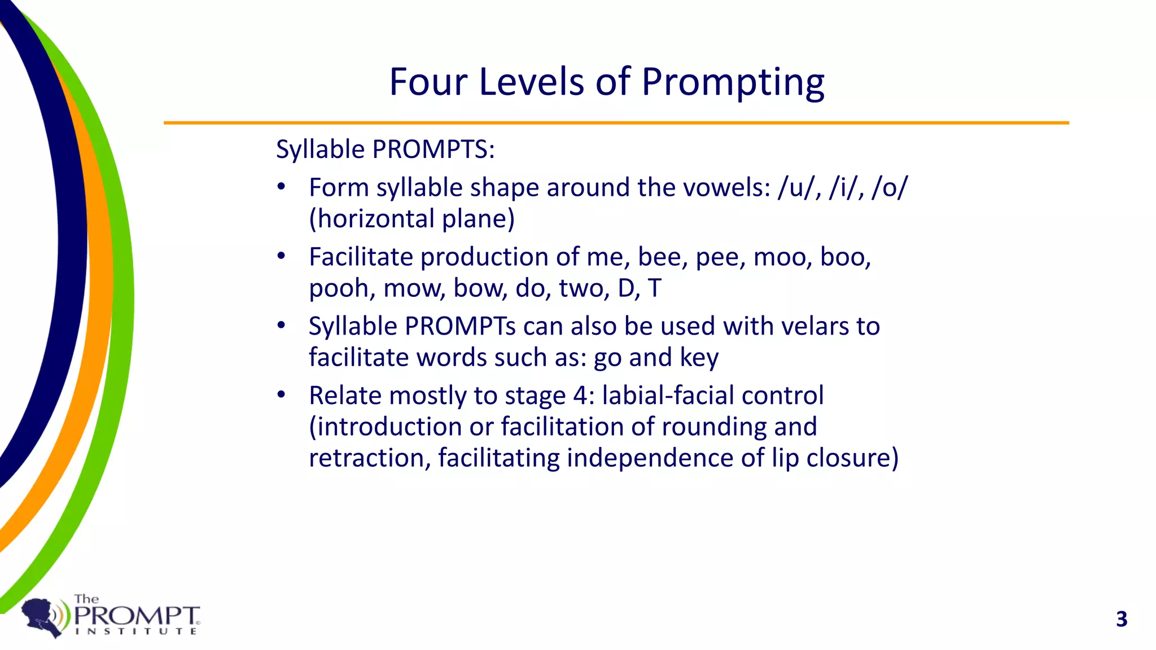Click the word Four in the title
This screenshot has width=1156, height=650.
click(428, 82)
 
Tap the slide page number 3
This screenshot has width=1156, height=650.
click(1122, 619)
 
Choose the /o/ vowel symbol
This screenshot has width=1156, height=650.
click(889, 187)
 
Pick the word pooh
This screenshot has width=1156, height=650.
click(341, 289)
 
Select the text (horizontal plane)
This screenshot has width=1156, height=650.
click(412, 219)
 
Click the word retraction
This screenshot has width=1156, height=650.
click(369, 458)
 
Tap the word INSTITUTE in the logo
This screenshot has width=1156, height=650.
click(136, 631)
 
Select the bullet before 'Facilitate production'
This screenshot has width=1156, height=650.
click(281, 257)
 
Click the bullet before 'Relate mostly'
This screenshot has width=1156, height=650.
click(281, 395)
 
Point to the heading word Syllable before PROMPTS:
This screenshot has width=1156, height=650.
click(320, 150)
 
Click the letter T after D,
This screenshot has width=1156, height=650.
click(654, 288)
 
